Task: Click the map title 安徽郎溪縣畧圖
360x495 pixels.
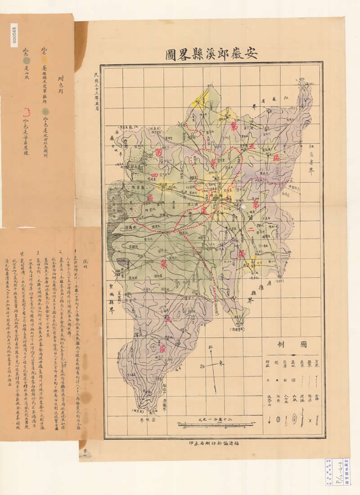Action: (x=211, y=53)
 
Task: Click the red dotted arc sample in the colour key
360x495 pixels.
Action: (x=28, y=111)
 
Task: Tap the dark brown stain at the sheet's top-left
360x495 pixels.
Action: (x=81, y=36)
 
